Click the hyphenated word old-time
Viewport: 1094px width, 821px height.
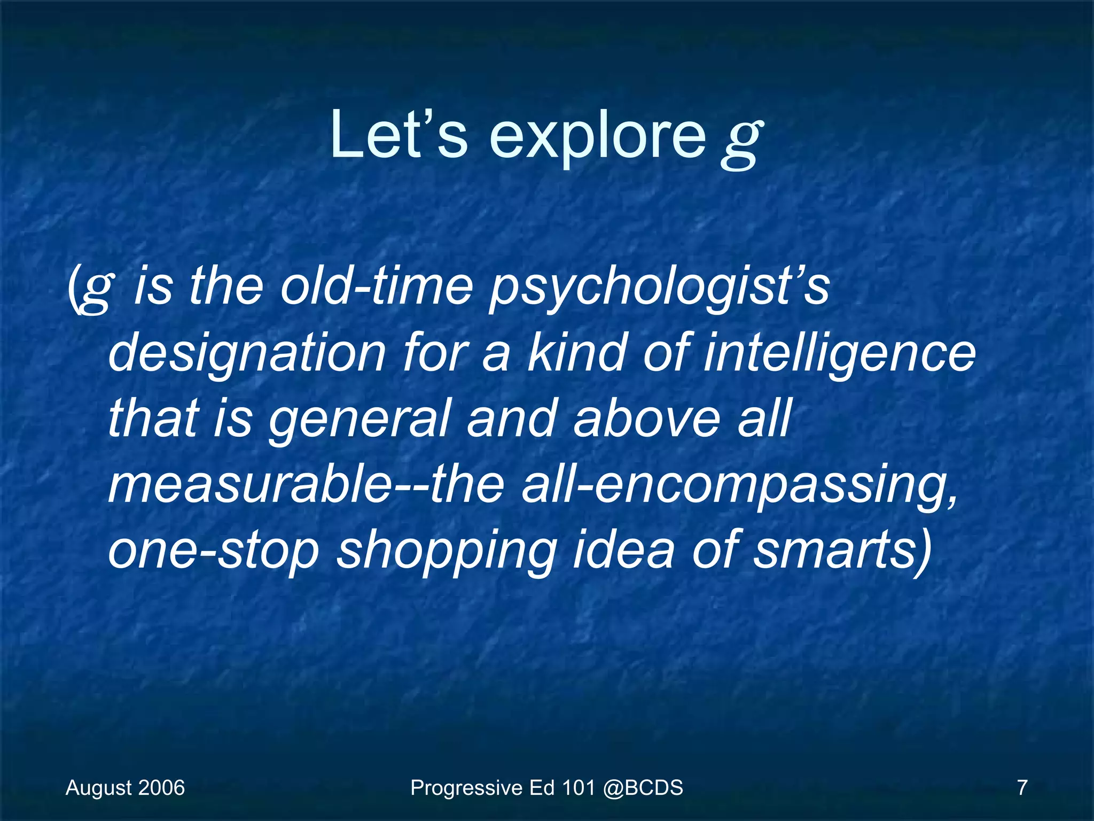coord(377,286)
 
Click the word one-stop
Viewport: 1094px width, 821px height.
coord(214,551)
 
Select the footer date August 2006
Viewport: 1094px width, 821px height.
coord(125,788)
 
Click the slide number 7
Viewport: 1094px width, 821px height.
coord(1022,788)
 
